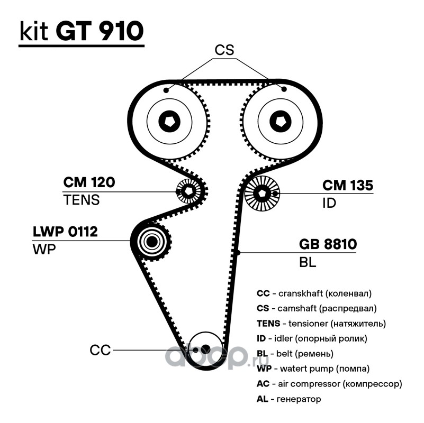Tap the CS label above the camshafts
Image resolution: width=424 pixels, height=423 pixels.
[x=224, y=50]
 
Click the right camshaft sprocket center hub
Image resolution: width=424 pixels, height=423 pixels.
[x=280, y=121]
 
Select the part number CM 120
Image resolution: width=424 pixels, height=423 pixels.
[x=89, y=183]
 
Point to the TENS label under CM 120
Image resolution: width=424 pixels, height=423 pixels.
[x=81, y=200]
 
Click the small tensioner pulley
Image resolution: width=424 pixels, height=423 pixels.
[x=188, y=191]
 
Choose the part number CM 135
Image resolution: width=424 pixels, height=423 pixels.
[x=348, y=186]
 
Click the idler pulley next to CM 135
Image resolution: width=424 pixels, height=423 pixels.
[x=262, y=194]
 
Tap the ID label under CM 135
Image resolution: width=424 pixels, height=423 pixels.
[x=329, y=203]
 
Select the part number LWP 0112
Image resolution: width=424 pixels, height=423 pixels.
[x=65, y=232]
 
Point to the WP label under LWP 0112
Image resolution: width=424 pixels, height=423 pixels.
[x=44, y=250]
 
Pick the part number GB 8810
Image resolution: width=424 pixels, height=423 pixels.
[x=328, y=245]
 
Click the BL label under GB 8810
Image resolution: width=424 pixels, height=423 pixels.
[x=308, y=262]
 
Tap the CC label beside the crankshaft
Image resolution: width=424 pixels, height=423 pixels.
[x=100, y=350]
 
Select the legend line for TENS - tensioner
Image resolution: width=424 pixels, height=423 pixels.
[x=321, y=323]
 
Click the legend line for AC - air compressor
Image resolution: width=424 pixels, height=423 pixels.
[x=329, y=384]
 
